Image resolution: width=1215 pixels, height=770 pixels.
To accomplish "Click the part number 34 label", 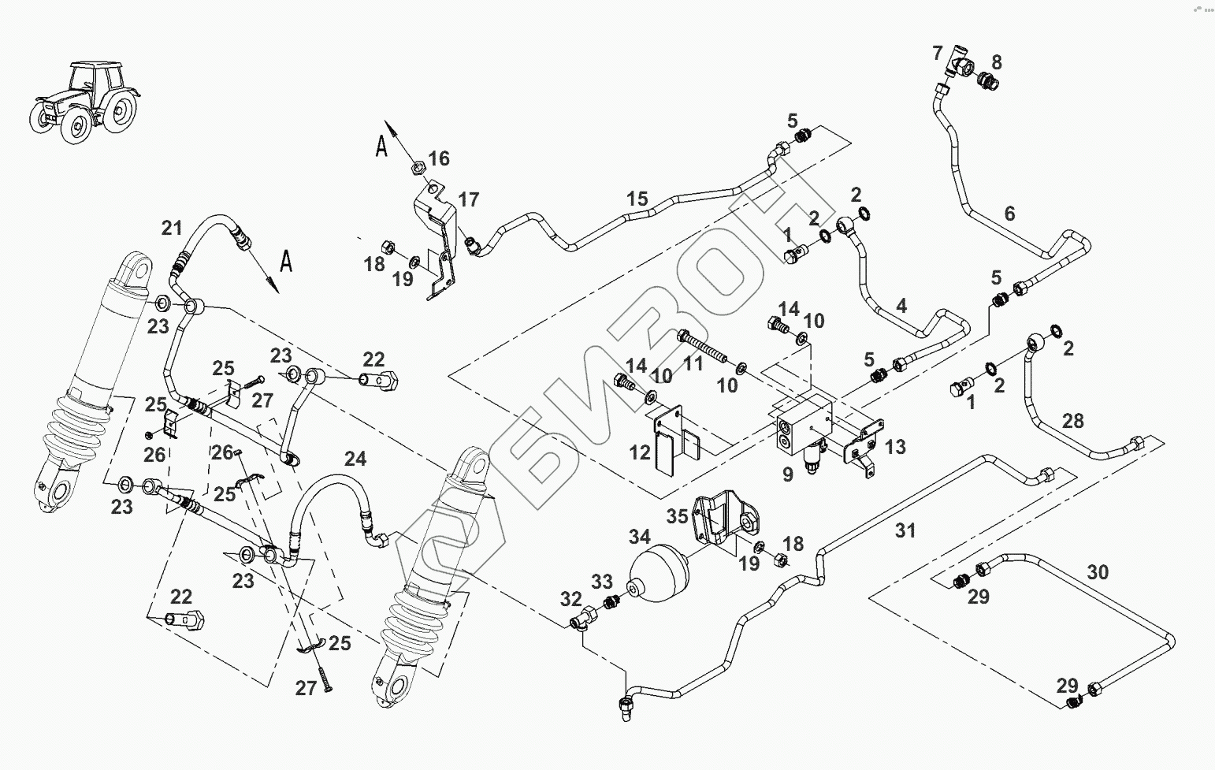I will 639,538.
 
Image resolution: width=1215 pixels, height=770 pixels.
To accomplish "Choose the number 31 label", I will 905,530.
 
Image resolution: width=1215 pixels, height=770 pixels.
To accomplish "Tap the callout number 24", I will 355,459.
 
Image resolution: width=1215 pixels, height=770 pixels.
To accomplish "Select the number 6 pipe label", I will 1009,213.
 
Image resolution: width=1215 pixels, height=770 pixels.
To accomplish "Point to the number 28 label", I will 1072,421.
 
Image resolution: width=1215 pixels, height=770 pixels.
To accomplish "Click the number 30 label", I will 1097,571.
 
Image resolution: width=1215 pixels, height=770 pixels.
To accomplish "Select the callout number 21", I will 172,229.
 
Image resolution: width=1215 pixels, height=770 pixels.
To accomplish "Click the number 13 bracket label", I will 895,447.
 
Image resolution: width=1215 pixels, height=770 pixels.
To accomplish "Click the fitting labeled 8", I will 986,80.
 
